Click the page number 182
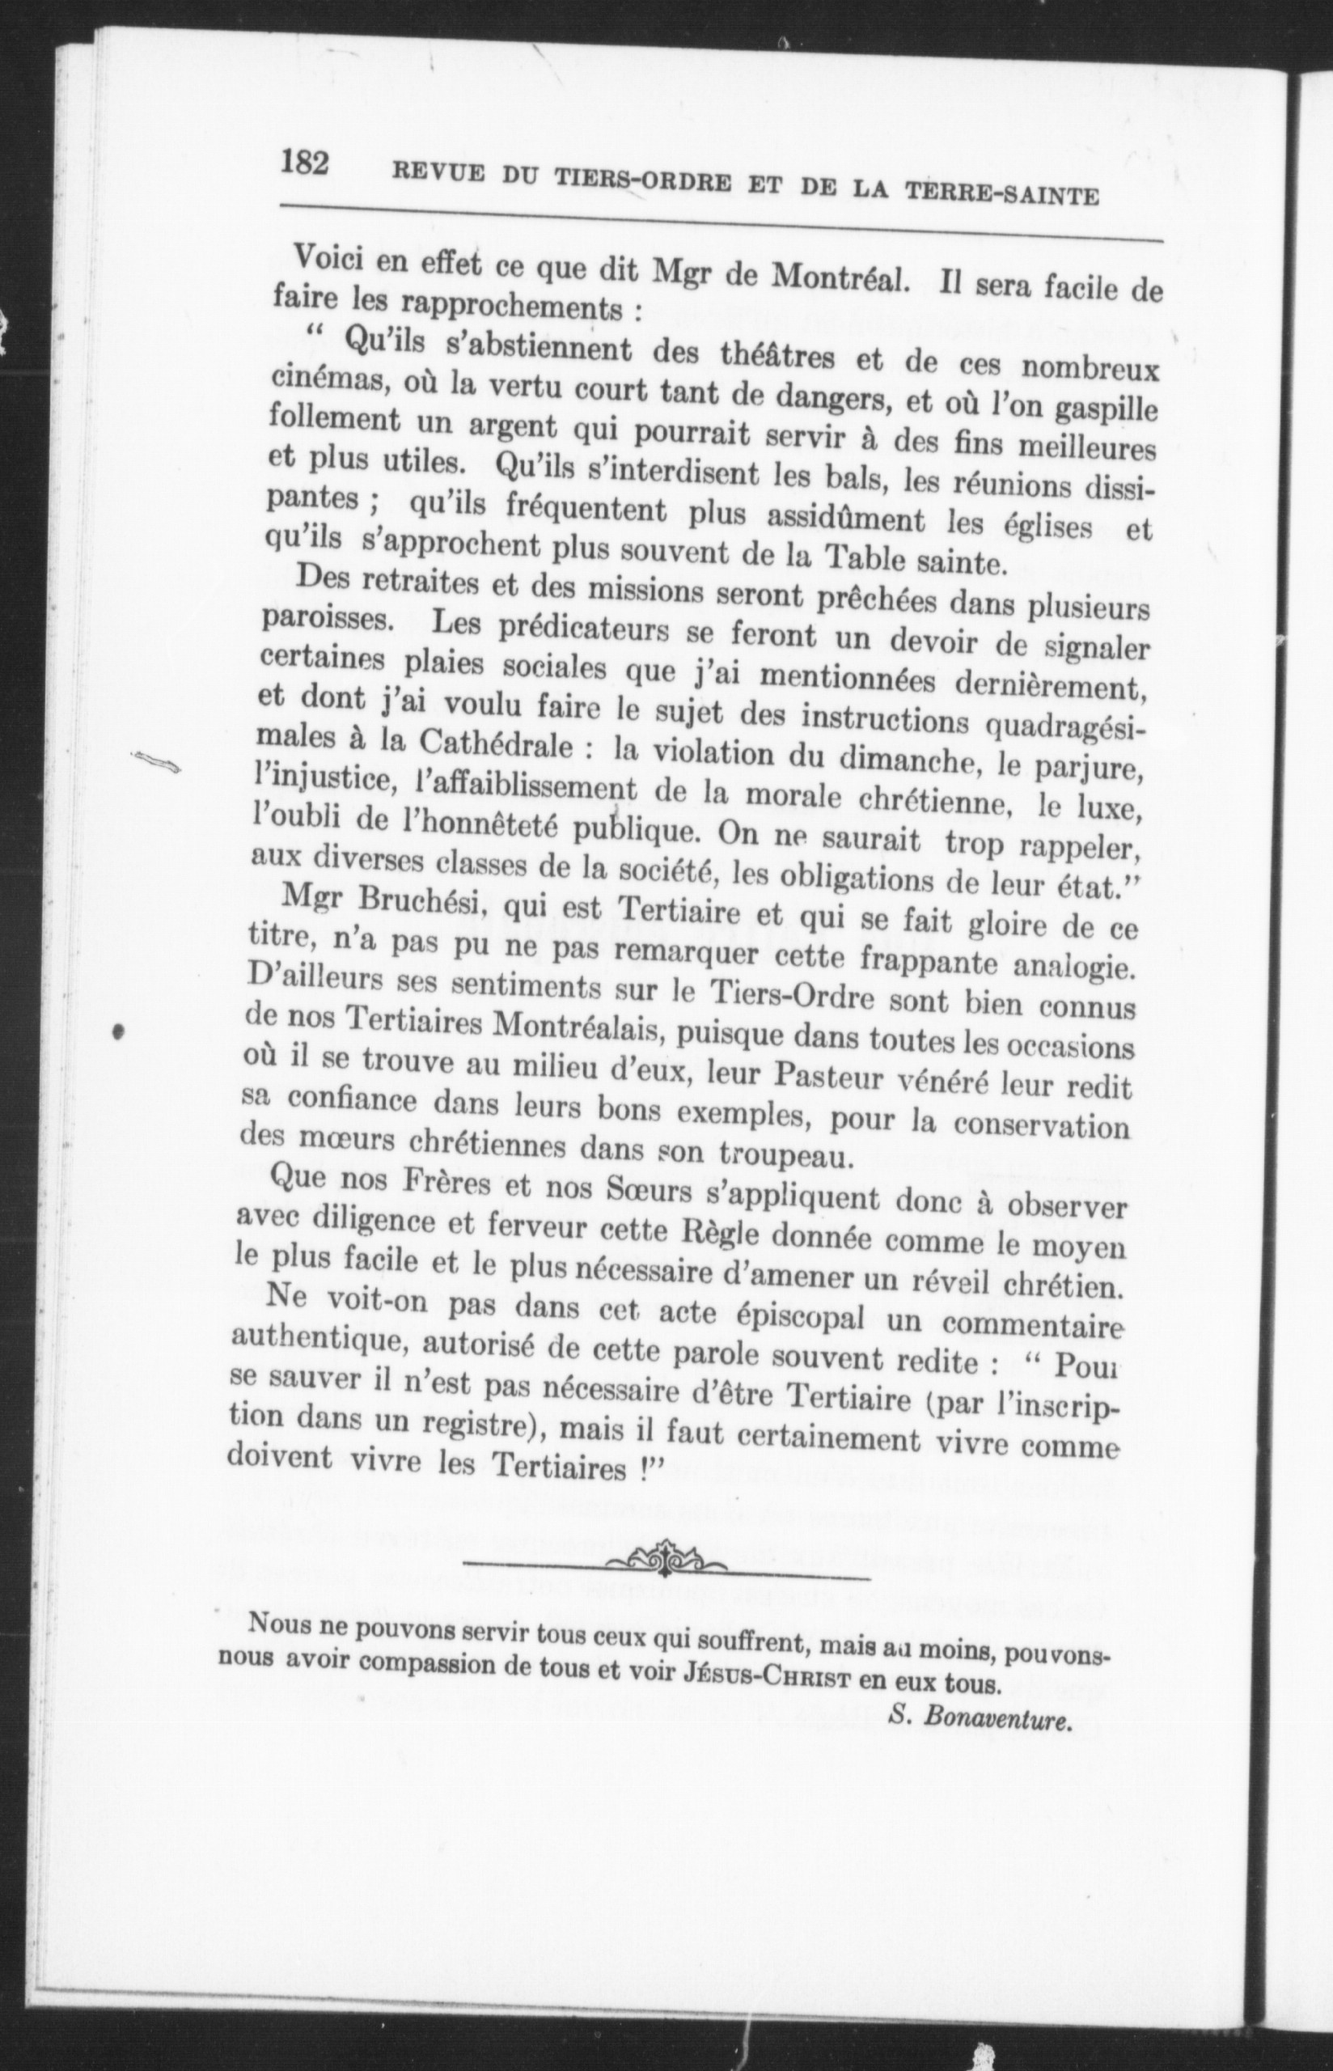click(x=305, y=163)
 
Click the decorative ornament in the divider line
click(x=666, y=1560)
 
